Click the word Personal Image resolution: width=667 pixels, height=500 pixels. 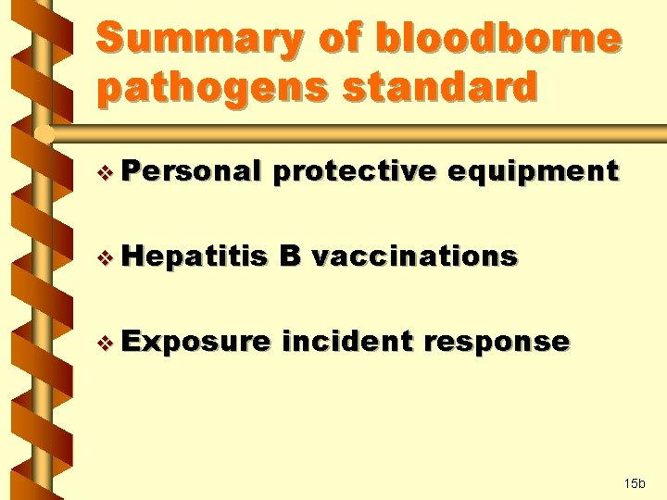tap(190, 171)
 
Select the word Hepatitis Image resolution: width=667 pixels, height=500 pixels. tap(194, 256)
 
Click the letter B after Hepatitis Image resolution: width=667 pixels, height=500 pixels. tap(288, 256)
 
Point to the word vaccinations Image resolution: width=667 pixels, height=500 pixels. tap(414, 256)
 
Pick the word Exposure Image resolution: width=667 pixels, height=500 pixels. tap(195, 342)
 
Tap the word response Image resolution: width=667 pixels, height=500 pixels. tap(497, 342)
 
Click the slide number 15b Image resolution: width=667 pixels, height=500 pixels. tap(636, 483)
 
